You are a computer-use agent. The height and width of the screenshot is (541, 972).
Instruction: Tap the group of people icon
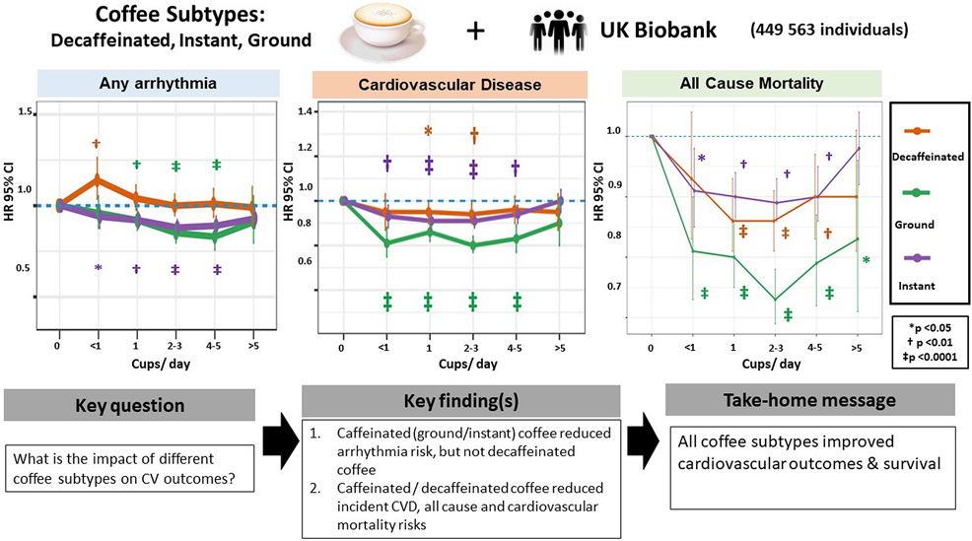[x=558, y=31]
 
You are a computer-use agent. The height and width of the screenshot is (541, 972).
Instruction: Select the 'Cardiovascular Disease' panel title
[x=449, y=86]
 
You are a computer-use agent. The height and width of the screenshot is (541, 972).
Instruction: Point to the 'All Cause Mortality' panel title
[x=739, y=85]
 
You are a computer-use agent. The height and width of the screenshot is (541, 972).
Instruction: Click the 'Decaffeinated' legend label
[x=927, y=156]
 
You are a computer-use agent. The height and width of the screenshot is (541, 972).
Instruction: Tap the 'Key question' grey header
[x=129, y=405]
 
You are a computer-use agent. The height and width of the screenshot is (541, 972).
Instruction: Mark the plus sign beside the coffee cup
[x=476, y=31]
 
